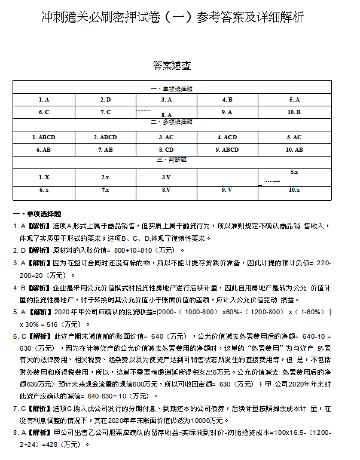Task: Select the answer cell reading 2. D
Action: click(105, 100)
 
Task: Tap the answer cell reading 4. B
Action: click(227, 100)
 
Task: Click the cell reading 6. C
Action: click(44, 112)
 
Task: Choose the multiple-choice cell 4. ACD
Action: click(227, 137)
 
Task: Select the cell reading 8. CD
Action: click(166, 149)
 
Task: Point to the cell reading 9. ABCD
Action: click(227, 149)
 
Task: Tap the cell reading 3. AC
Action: click(166, 137)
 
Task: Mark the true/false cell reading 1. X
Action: click(44, 177)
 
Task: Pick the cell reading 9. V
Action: click(227, 189)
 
